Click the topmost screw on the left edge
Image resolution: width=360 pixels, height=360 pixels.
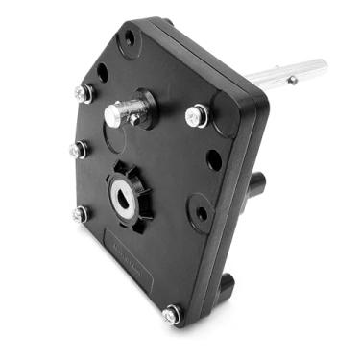point(83,93)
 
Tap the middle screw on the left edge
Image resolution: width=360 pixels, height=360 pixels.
point(78,151)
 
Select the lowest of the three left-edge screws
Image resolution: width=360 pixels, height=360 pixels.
point(80,214)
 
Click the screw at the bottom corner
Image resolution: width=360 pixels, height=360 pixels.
point(172,313)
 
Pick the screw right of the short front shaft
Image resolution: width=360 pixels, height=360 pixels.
point(195,116)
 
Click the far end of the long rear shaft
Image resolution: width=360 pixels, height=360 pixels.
point(319,68)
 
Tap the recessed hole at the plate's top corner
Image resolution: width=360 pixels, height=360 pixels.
point(128,39)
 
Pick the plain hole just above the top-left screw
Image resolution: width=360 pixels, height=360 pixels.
point(102,73)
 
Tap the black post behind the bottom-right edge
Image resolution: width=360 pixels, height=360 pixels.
point(227,284)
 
